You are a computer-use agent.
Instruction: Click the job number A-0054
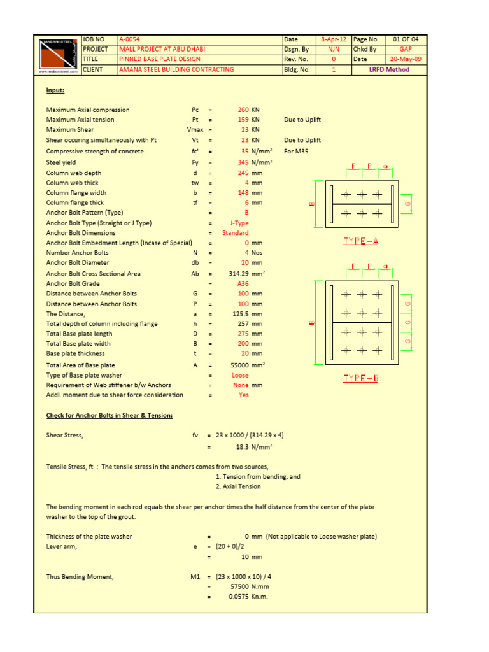click(x=129, y=39)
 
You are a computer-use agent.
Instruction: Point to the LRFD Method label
click(x=390, y=70)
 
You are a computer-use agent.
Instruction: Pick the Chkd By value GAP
click(x=406, y=50)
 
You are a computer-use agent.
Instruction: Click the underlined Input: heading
click(x=55, y=90)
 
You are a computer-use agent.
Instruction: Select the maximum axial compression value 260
click(x=243, y=110)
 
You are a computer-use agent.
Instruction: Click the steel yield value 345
click(x=243, y=163)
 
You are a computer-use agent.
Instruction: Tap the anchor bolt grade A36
click(x=243, y=284)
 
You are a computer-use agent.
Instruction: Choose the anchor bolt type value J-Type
click(x=239, y=223)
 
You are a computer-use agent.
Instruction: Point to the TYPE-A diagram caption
click(x=360, y=241)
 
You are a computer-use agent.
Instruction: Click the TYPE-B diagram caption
click(x=360, y=378)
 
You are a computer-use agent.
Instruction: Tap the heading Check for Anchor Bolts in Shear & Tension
click(x=110, y=416)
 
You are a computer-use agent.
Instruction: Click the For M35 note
click(x=296, y=152)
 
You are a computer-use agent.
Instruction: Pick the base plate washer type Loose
click(x=240, y=376)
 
